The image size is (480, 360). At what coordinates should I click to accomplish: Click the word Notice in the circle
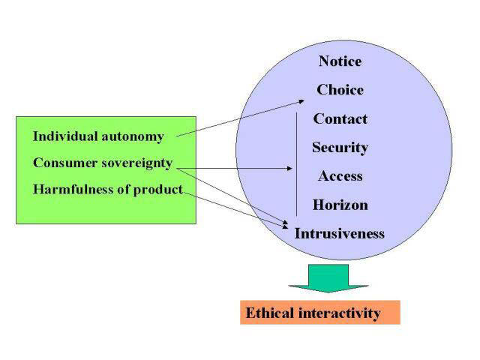340,61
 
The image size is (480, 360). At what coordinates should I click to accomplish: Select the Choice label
340,90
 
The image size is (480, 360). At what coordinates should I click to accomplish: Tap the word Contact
340,118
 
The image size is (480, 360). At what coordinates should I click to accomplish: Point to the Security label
340,147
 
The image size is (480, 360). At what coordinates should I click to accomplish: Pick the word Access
340,176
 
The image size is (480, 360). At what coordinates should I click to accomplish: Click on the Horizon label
340,205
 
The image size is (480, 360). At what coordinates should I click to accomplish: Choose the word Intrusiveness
339,233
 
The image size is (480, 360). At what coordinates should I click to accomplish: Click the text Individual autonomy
98,136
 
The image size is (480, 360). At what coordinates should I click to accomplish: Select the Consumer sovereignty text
103,163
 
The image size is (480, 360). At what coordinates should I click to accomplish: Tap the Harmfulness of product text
108,189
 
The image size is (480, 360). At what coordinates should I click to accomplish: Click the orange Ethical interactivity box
320,312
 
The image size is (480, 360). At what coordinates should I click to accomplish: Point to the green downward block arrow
328,277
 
